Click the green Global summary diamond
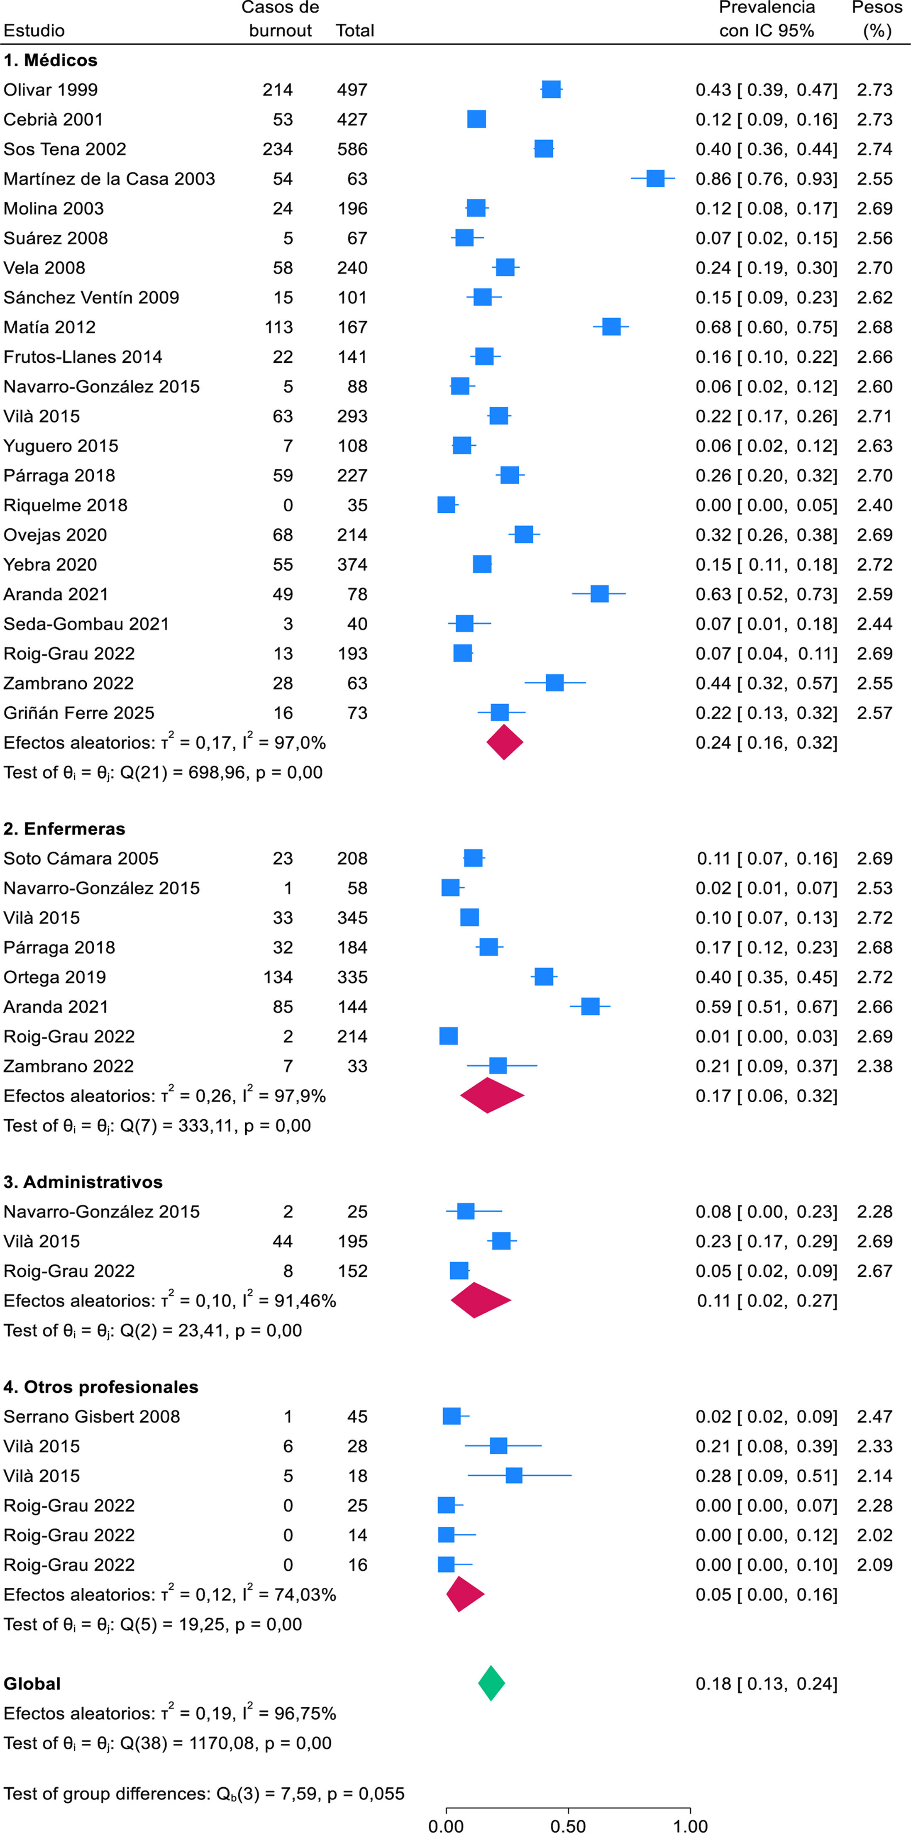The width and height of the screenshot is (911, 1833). pos(491,1684)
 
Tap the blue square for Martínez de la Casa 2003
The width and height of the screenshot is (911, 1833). pos(655,178)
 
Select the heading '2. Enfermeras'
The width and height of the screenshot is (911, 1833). pos(64,829)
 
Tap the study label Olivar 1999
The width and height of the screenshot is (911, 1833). pos(51,90)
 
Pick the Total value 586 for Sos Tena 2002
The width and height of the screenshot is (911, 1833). pos(352,149)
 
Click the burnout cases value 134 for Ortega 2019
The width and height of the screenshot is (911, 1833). pos(278,977)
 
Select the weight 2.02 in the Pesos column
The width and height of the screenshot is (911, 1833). pos(875,1535)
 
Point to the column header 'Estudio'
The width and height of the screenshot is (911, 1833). pos(34,31)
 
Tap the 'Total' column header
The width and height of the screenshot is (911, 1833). pos(354,31)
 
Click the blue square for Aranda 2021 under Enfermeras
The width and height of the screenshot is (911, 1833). pos(590,1006)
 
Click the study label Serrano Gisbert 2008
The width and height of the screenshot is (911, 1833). pos(92,1417)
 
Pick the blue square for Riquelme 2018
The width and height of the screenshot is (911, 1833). pos(446,505)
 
